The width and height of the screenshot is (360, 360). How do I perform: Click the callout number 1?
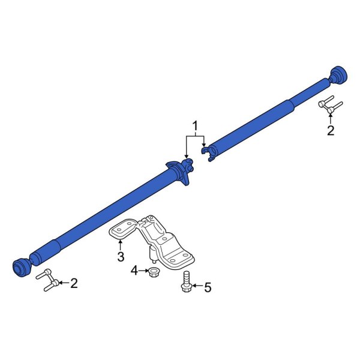(x=194, y=125)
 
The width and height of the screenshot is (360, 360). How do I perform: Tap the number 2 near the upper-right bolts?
(x=330, y=131)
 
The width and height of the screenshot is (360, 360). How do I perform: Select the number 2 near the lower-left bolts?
(x=74, y=283)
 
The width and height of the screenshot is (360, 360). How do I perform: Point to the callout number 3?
(x=121, y=257)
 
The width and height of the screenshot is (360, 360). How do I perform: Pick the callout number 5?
(x=208, y=287)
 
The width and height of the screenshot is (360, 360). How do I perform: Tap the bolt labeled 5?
(x=185, y=283)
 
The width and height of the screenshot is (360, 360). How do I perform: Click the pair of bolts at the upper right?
(x=329, y=105)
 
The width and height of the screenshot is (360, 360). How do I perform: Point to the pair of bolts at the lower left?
(x=49, y=280)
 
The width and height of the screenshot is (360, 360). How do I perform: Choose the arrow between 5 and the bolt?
(x=197, y=287)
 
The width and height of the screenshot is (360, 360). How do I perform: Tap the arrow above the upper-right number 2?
(x=330, y=118)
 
